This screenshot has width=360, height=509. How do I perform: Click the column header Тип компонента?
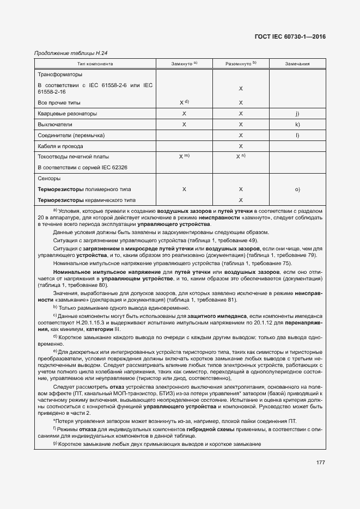[94, 64]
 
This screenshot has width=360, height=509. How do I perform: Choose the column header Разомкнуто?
[240, 64]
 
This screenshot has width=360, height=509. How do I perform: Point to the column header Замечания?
[297, 64]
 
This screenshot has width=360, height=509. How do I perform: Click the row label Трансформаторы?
[59, 75]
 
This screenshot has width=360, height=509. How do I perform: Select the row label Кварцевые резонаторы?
[68, 114]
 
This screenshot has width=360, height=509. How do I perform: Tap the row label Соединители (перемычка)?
[71, 135]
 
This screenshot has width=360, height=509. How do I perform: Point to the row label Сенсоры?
[49, 179]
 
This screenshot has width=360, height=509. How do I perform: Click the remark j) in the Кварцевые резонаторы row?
[297, 114]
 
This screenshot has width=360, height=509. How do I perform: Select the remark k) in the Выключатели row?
[297, 125]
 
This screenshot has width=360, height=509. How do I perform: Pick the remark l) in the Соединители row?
[297, 135]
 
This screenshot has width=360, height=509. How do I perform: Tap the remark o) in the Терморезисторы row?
[297, 189]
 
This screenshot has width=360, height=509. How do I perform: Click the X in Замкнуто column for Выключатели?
[184, 125]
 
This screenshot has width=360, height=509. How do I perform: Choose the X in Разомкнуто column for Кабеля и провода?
[240, 146]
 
